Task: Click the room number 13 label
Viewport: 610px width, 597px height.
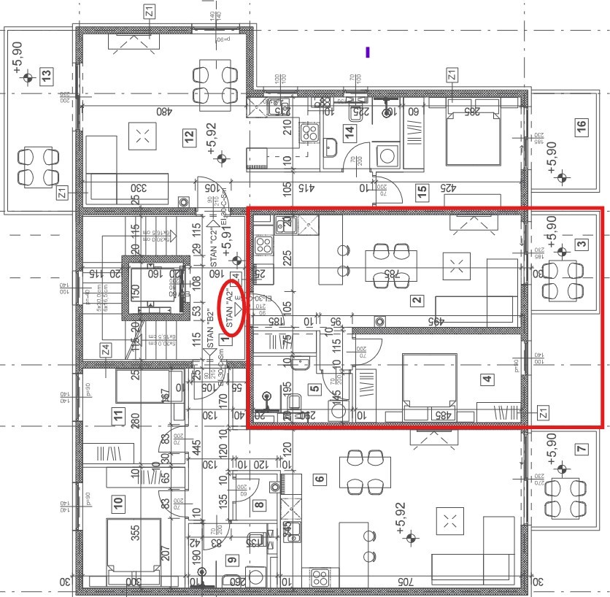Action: point(47,74)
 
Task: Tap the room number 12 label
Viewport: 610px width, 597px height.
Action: point(189,136)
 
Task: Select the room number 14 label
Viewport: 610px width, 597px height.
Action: point(350,132)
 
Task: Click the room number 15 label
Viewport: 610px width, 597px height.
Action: point(421,193)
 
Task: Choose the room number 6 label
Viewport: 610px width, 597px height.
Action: point(318,479)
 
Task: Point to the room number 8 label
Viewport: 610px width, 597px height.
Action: point(259,503)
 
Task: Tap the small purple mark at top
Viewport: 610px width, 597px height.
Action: point(368,52)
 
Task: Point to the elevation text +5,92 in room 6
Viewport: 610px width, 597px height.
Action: point(401,515)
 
